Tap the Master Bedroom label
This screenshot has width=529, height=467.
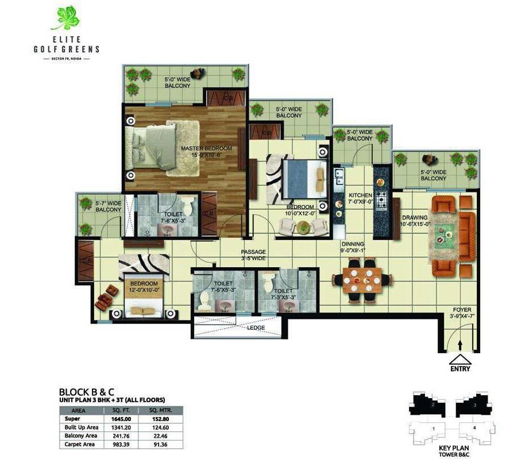coord(207,152)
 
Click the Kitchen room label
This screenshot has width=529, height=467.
coord(361,198)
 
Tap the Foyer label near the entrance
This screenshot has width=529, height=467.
coord(462,313)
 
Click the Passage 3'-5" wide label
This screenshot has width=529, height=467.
coord(253,254)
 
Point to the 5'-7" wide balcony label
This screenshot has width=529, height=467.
coord(108,206)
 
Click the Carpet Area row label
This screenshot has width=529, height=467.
coord(80,444)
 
